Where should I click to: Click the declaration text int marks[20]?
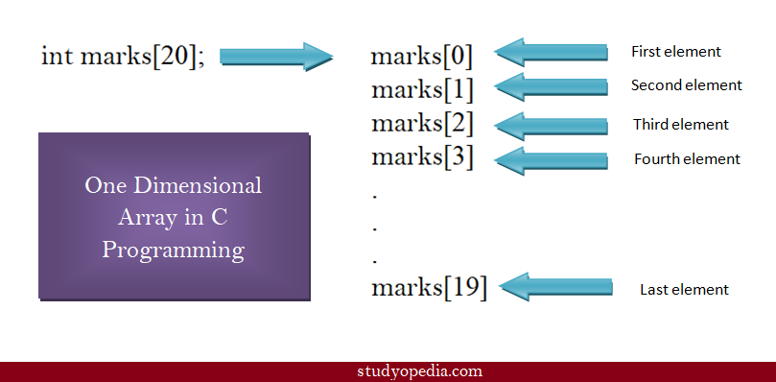click(x=123, y=55)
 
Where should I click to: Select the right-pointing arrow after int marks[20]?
click(x=276, y=57)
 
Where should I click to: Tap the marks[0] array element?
click(x=422, y=56)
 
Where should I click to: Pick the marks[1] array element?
click(x=422, y=89)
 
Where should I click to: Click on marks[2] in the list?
click(x=422, y=123)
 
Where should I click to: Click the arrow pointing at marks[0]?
click(x=552, y=52)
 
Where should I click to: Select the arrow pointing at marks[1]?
click(x=552, y=85)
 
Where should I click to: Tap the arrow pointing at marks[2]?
click(x=552, y=125)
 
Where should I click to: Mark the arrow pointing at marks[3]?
click(x=552, y=158)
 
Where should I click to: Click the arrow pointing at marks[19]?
click(x=556, y=285)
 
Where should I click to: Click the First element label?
click(x=675, y=52)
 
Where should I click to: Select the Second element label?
click(x=686, y=85)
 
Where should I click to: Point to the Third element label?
click(x=680, y=125)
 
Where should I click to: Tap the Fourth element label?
click(x=687, y=159)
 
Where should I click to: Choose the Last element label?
click(x=684, y=290)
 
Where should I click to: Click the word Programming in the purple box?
click(x=173, y=251)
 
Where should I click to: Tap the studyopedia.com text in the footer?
click(x=388, y=370)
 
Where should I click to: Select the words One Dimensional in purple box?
click(x=173, y=185)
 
